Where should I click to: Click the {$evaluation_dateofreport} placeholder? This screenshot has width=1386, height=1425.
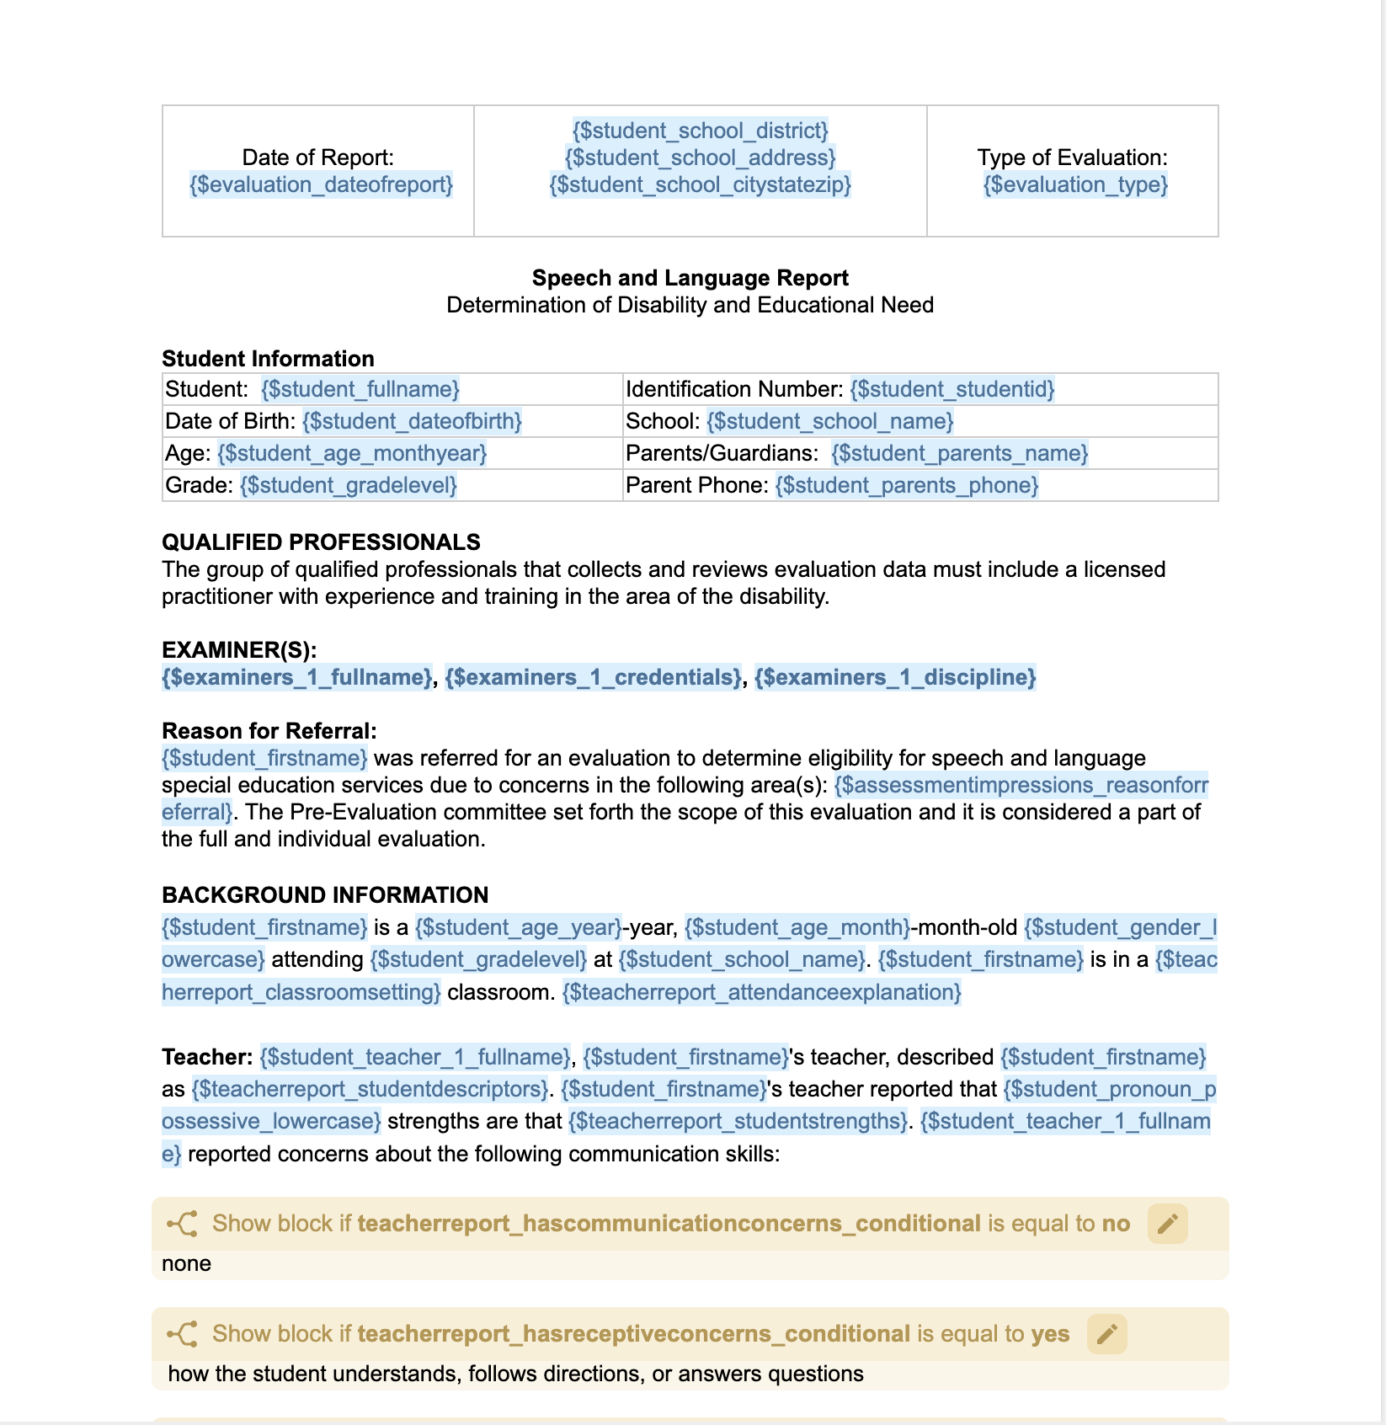[321, 184]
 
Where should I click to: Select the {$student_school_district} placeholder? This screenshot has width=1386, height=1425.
[700, 131]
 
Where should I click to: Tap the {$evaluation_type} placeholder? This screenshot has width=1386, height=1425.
[1074, 184]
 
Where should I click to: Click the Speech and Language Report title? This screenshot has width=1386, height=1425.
[690, 278]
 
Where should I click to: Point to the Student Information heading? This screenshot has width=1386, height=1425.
[268, 359]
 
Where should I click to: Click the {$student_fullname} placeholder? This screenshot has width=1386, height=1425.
[360, 389]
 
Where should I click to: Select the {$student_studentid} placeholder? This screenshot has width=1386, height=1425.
[952, 389]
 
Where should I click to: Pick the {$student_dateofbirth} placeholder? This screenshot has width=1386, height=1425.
[412, 421]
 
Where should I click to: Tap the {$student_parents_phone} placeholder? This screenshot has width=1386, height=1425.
[906, 485]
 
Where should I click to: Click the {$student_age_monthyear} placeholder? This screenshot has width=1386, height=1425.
[352, 453]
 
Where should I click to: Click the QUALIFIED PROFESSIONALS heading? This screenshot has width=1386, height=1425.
[321, 542]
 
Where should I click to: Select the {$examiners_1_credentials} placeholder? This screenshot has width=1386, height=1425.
[593, 677]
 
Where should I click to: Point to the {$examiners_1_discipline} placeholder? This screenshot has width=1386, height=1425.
[894, 677]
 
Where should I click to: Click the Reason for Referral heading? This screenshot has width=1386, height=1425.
[269, 731]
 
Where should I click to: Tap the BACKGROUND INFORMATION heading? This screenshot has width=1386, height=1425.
[325, 895]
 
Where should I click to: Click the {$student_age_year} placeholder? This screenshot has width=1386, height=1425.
[518, 927]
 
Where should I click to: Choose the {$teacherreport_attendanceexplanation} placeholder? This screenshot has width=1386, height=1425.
[761, 992]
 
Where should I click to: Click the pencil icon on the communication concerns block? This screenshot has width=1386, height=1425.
[1167, 1224]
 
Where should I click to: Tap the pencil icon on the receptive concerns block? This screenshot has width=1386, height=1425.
[1106, 1334]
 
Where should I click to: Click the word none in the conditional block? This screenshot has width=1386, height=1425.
[186, 1263]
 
